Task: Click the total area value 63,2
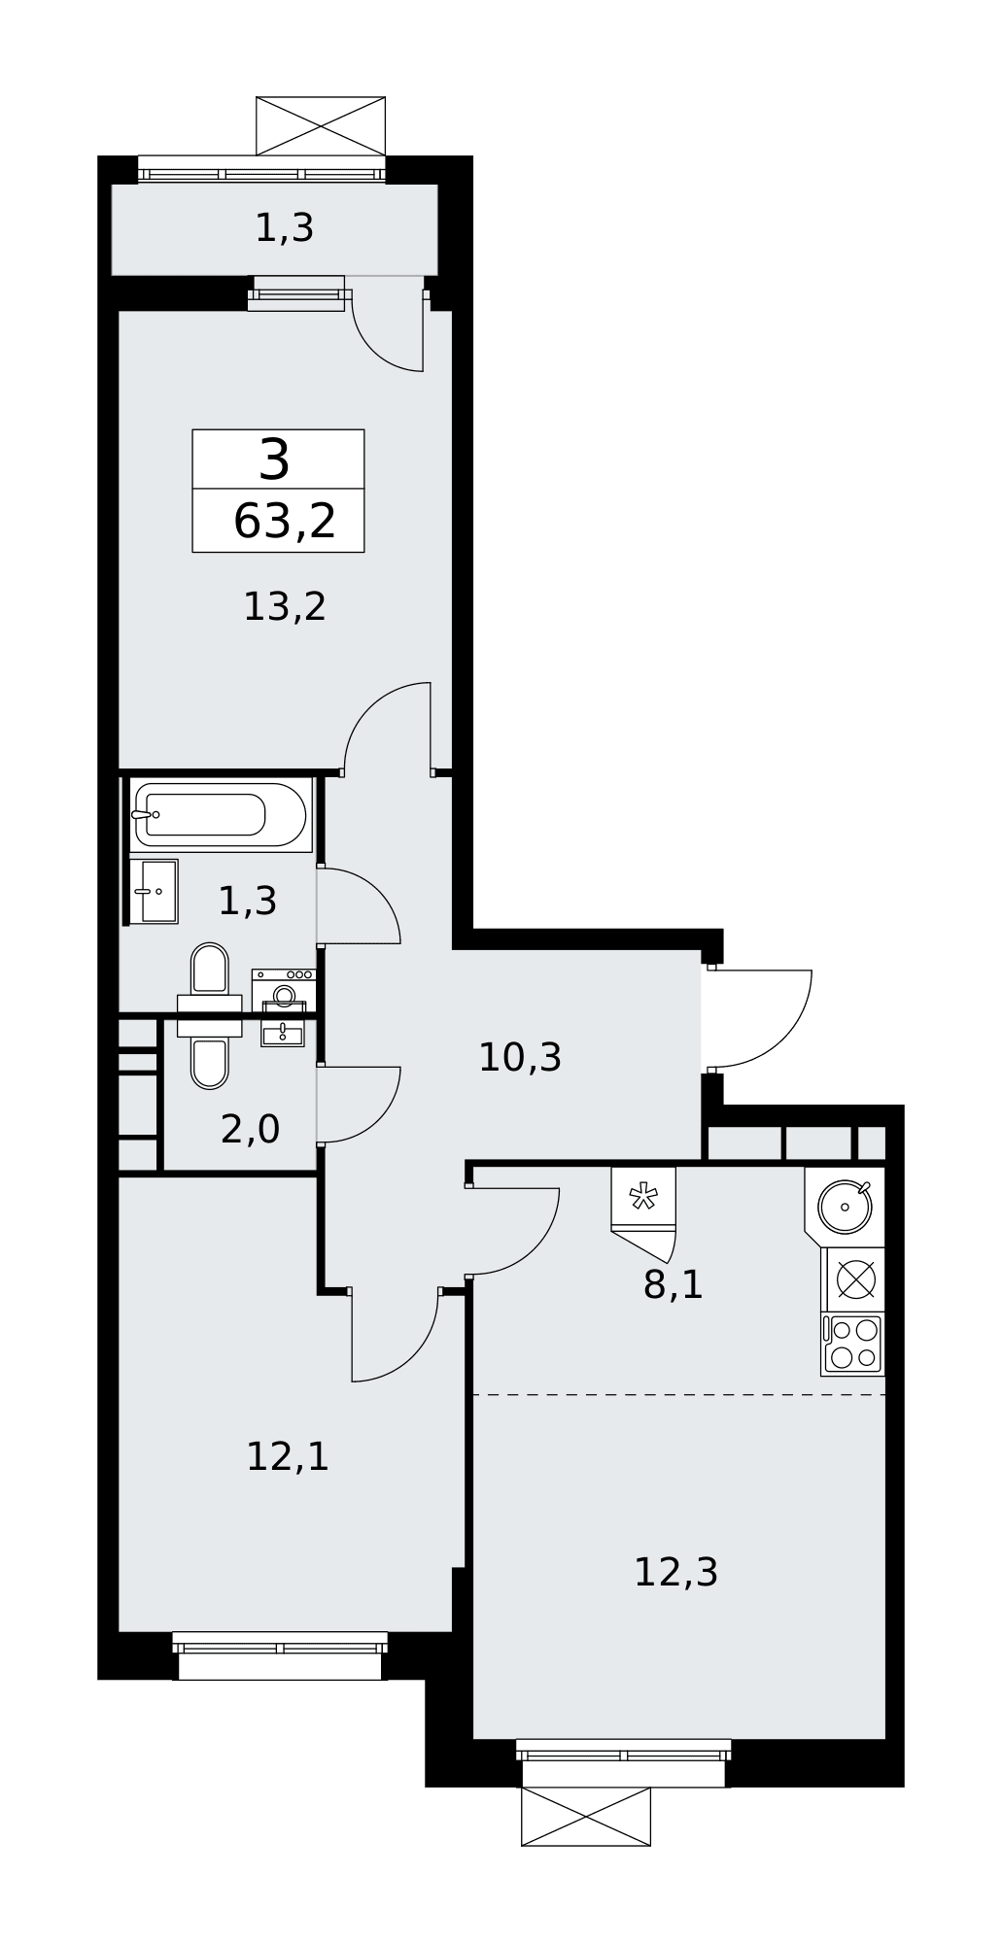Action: (x=285, y=522)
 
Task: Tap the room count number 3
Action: (x=274, y=460)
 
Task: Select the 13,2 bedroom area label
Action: (x=284, y=607)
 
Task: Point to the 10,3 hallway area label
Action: (x=520, y=1057)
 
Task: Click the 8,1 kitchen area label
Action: (x=673, y=1284)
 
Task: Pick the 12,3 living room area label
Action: (x=675, y=1572)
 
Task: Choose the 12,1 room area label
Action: (x=288, y=1457)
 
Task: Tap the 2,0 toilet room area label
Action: (x=250, y=1129)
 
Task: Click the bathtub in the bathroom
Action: (x=221, y=814)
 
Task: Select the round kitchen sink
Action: (x=845, y=1207)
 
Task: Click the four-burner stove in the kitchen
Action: (x=853, y=1345)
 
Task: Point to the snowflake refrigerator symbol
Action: (x=642, y=1198)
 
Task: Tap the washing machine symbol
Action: (x=284, y=991)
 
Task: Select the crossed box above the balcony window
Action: (x=321, y=126)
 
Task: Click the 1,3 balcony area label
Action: (x=284, y=228)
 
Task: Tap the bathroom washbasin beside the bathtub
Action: (x=154, y=891)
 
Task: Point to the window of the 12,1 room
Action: (x=280, y=1655)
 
